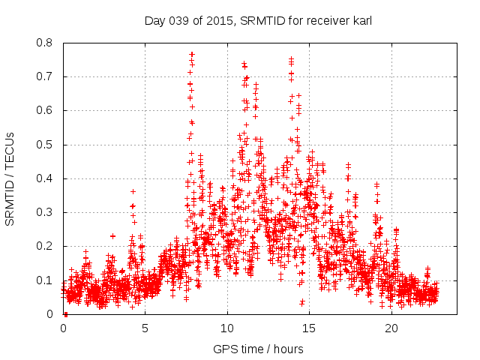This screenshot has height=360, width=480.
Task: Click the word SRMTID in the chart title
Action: (260, 21)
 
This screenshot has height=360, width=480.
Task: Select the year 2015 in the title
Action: (220, 21)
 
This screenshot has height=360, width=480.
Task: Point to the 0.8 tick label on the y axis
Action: (47, 43)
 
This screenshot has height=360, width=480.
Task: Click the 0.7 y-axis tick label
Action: (47, 76)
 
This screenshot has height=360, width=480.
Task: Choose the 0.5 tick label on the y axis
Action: (47, 145)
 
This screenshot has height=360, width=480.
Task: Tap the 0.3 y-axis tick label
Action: (47, 212)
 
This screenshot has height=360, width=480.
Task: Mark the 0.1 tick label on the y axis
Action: (47, 280)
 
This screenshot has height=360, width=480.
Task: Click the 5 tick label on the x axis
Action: (145, 328)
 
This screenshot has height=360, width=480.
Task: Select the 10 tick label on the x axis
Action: (227, 328)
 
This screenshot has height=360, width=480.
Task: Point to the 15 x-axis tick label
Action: (309, 328)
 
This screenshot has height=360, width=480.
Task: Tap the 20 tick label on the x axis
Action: (391, 328)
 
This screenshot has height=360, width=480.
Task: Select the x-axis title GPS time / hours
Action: (258, 349)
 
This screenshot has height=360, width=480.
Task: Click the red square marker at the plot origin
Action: (65, 313)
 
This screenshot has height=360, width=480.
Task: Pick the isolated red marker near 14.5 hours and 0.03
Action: (302, 302)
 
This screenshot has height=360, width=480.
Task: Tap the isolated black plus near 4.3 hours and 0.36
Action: (133, 192)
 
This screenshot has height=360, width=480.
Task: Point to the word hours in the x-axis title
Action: (289, 349)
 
